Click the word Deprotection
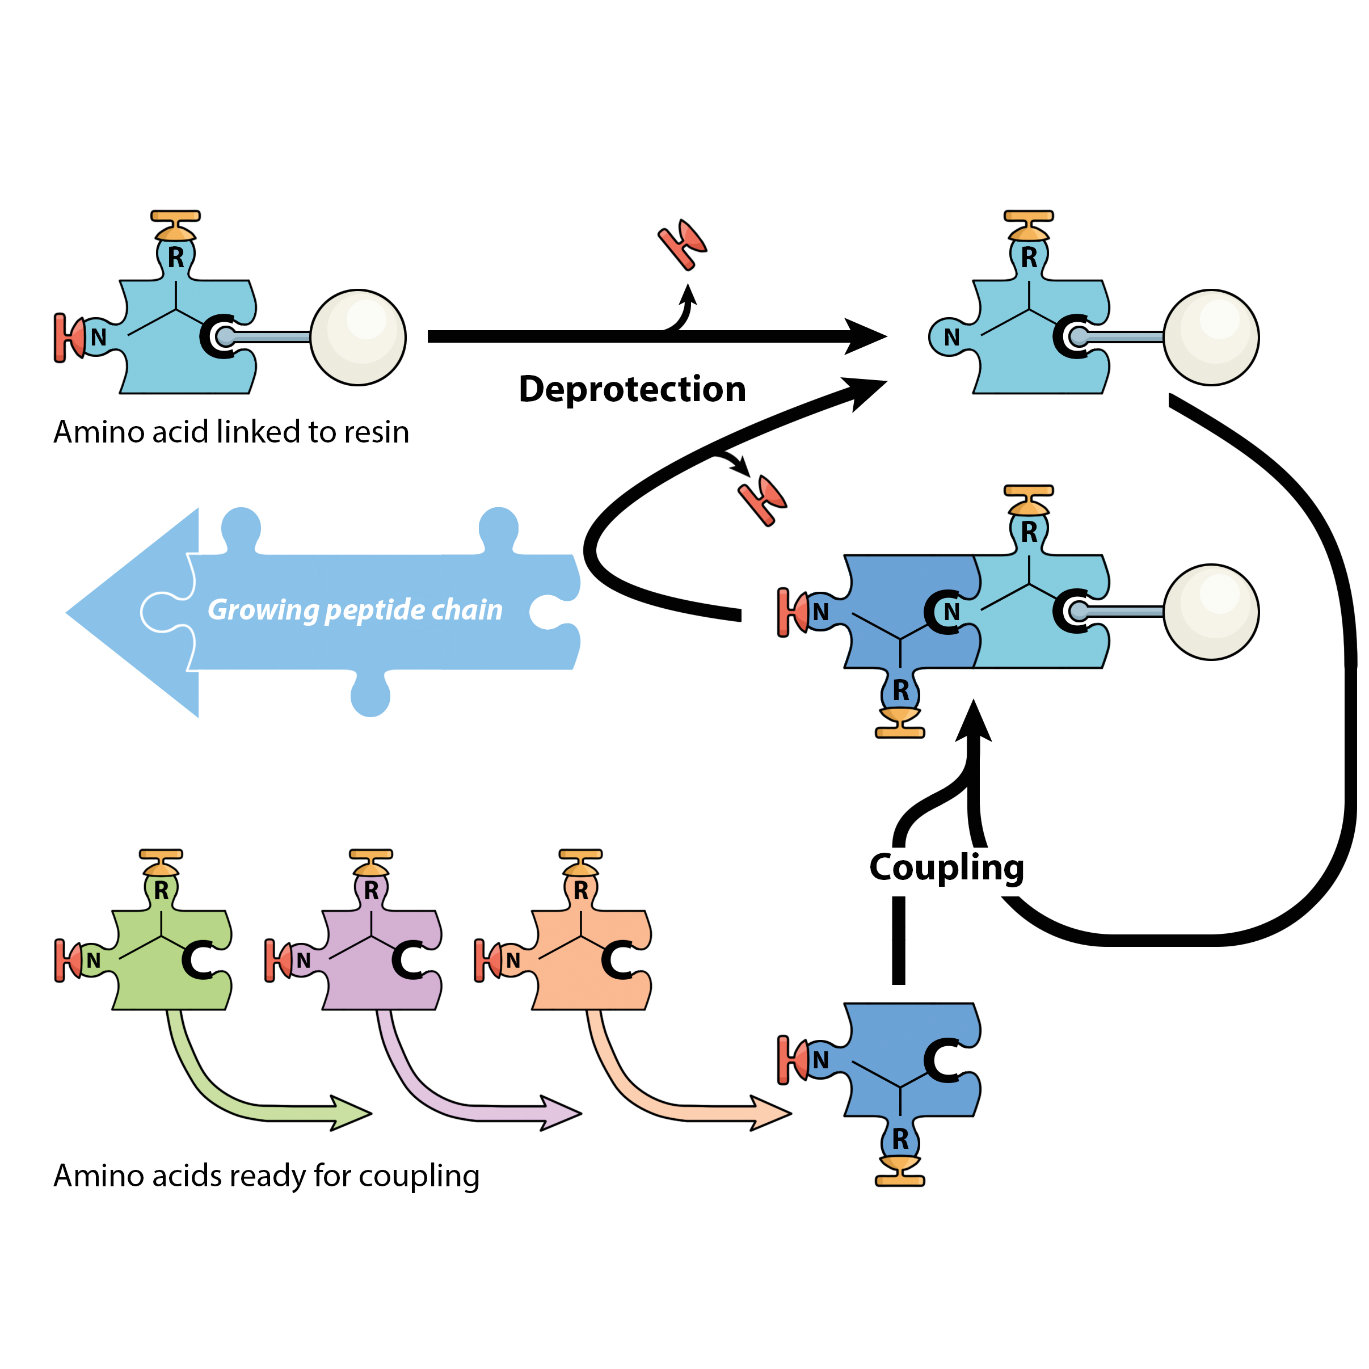pyautogui.click(x=632, y=389)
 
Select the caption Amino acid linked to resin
pyautogui.click(x=231, y=432)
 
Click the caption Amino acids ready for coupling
pyautogui.click(x=267, y=1176)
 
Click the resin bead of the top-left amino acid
pyautogui.click(x=358, y=338)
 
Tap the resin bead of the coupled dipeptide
pyautogui.click(x=1211, y=612)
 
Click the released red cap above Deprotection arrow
pyautogui.click(x=683, y=245)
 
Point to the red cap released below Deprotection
pyautogui.click(x=762, y=500)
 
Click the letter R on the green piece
pyautogui.click(x=162, y=891)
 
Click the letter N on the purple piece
pyautogui.click(x=304, y=961)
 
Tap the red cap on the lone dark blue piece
pyautogui.click(x=791, y=1060)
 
